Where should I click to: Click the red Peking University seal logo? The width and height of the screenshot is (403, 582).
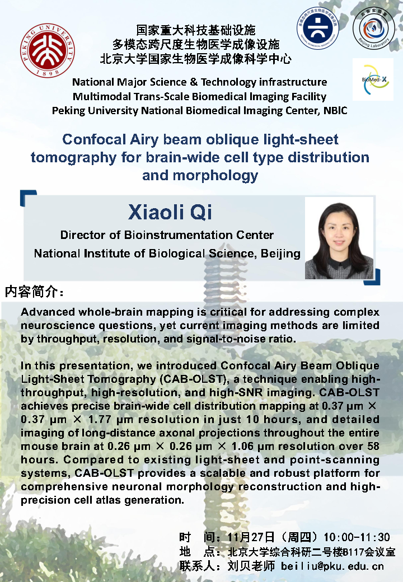[x=48, y=50]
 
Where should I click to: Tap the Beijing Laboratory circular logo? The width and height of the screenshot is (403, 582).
[x=374, y=28]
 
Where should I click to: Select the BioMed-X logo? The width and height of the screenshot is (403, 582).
[x=373, y=79]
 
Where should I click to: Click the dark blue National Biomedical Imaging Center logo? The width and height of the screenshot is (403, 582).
[x=318, y=28]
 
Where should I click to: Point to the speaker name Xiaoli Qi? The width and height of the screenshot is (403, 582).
[x=170, y=212]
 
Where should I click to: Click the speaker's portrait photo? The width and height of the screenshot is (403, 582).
[x=339, y=238]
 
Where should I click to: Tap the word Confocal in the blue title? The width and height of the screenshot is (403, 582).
[x=94, y=139]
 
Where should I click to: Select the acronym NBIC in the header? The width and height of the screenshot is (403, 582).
[x=335, y=111]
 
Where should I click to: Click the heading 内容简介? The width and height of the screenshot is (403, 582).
[x=34, y=292]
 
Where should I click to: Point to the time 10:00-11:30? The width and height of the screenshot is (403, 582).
[x=357, y=537]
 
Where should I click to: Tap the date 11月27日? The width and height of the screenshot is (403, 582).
[x=251, y=537]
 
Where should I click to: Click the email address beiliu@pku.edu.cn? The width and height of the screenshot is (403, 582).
[x=332, y=566]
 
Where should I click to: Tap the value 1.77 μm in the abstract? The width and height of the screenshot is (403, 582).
[x=109, y=419]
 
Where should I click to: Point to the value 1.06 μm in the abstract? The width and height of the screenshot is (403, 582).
[x=252, y=446]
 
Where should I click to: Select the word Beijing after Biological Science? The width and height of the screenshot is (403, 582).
[x=280, y=254]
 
